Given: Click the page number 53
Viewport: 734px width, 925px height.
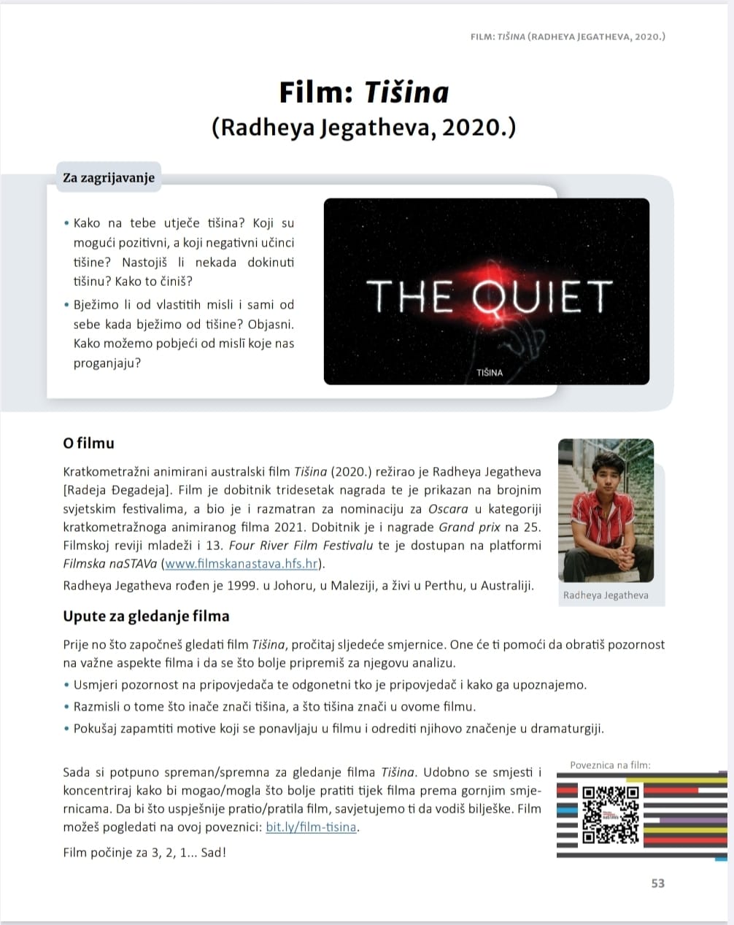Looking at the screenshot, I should click(x=657, y=883).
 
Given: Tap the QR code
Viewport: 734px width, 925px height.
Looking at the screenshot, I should click(x=611, y=813).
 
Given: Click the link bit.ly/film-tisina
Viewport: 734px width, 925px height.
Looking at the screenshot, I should click(x=312, y=827).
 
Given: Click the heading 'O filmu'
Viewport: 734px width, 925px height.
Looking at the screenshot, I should click(x=88, y=443).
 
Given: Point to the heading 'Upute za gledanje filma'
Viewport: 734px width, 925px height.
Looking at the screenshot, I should click(x=146, y=616).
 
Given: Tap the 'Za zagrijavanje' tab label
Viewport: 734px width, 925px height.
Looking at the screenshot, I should click(x=109, y=178).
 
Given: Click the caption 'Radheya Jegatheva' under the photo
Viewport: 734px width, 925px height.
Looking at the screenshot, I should click(x=606, y=595).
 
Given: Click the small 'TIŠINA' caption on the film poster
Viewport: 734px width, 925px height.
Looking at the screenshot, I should click(x=489, y=373).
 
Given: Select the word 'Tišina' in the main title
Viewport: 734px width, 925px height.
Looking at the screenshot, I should click(x=406, y=93).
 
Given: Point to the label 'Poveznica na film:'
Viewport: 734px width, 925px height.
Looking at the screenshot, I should click(x=610, y=765).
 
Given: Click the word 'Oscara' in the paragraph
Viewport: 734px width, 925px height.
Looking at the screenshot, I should click(x=448, y=508).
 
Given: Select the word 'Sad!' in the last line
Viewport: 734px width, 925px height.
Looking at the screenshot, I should click(x=214, y=852).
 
